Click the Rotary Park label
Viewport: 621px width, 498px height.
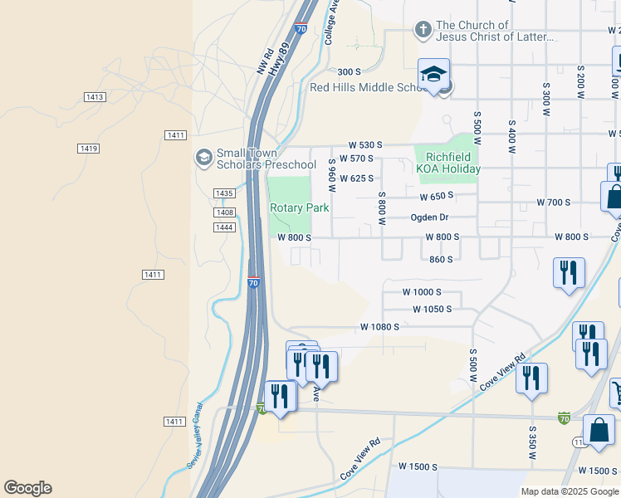tap(299, 207)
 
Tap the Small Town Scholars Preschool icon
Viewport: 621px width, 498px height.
tap(203, 157)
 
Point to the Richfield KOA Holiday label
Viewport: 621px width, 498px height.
tap(448, 162)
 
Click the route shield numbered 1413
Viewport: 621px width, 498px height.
tap(95, 97)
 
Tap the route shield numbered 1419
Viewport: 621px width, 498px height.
tap(89, 149)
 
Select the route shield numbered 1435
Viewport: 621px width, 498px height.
tap(223, 193)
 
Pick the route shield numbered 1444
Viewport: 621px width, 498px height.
tap(223, 227)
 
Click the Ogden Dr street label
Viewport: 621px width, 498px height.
tap(430, 217)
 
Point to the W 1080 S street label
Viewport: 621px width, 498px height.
tap(380, 327)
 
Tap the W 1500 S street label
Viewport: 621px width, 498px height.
tap(418, 467)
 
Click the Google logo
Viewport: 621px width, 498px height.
tap(27, 488)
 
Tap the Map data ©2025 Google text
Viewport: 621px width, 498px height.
tap(569, 491)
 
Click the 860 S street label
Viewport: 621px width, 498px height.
tap(441, 259)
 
